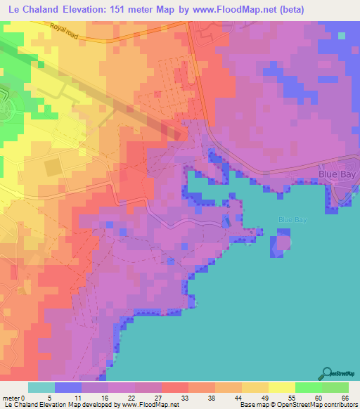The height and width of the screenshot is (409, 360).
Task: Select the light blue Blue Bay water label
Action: tap(294, 219)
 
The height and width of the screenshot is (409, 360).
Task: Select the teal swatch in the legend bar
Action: tap(41, 387)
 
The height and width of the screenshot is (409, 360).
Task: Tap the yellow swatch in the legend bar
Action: tap(281, 387)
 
